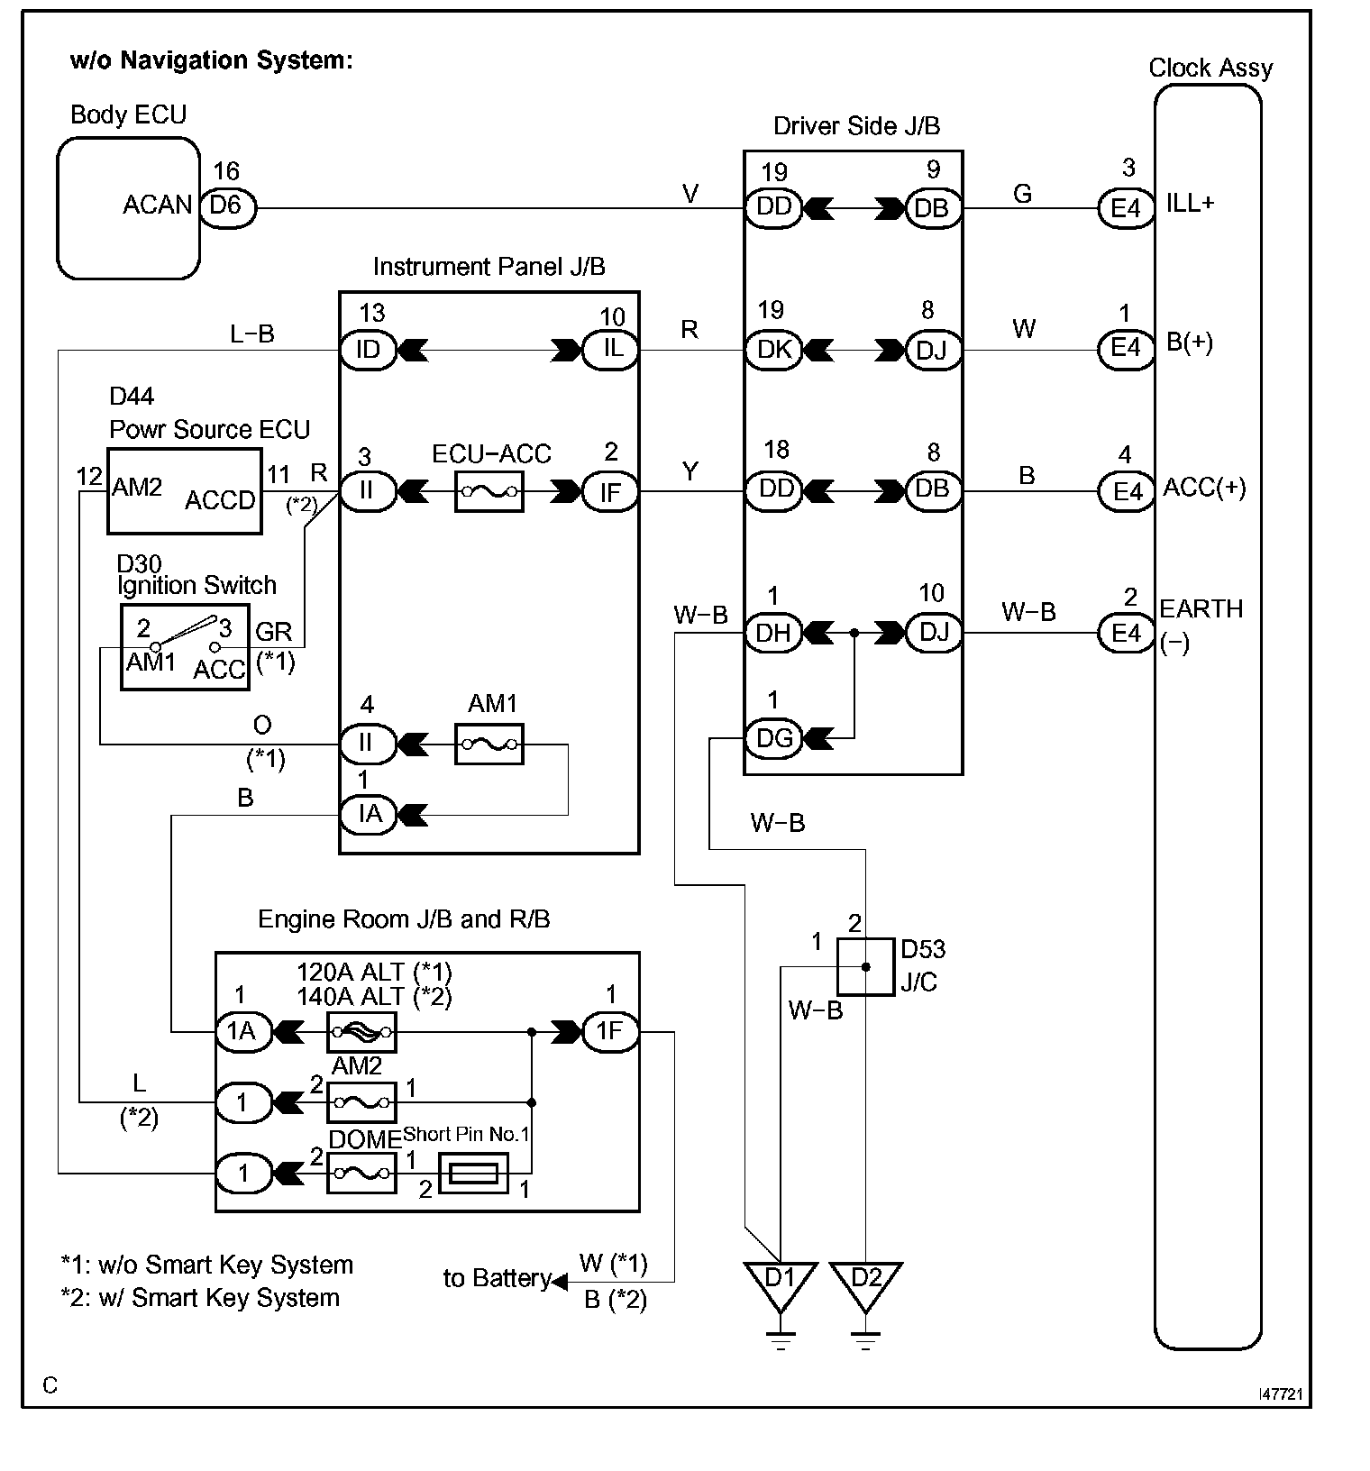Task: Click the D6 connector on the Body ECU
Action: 227,207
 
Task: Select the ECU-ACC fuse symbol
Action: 489,491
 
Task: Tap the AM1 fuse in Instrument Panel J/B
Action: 489,744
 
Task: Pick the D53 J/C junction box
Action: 866,966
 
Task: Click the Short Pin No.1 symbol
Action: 473,1174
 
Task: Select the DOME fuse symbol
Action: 361,1174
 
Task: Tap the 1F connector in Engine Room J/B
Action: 611,1031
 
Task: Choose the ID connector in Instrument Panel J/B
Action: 368,350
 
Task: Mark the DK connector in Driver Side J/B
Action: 773,349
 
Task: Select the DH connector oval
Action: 773,633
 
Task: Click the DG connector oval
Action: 773,738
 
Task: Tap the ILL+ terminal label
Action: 1191,204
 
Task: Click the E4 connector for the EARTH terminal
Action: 1126,633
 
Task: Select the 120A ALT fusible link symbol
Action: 361,1031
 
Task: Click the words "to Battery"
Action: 497,1278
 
